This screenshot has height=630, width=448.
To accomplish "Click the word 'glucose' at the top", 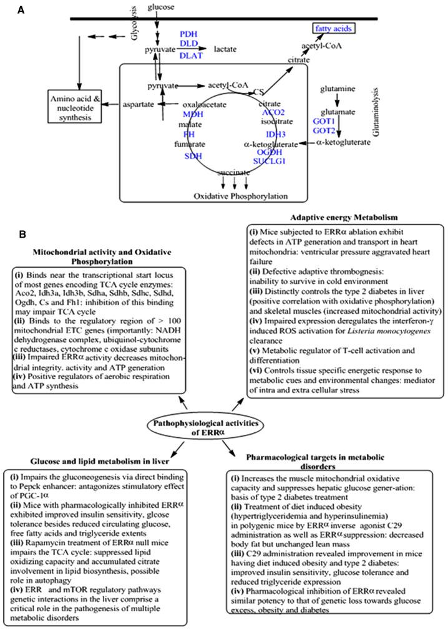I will [x=160, y=7].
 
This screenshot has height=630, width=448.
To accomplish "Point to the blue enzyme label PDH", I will [x=189, y=32].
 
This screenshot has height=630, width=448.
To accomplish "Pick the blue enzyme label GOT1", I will [x=323, y=124].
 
